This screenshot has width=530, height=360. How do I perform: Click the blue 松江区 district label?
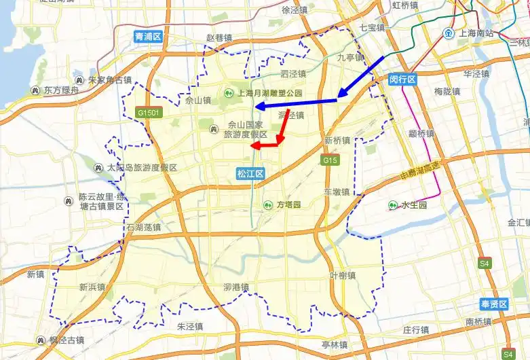pyautogui.click(x=250, y=174)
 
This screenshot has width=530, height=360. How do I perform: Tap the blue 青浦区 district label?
pyautogui.click(x=148, y=36)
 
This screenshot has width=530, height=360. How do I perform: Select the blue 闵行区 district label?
pyautogui.click(x=402, y=79)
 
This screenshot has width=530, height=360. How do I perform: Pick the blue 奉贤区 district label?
pyautogui.click(x=494, y=304)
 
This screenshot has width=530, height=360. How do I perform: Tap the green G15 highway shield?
pyautogui.click(x=330, y=160)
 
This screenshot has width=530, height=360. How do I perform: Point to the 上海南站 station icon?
pyautogui.click(x=449, y=33)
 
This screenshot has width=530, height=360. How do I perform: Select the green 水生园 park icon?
pyautogui.click(x=392, y=204)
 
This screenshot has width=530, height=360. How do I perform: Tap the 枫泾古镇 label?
pyautogui.click(x=67, y=340)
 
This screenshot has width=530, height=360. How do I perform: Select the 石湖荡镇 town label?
pyautogui.click(x=144, y=228)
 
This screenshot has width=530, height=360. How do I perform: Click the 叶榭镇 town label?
pyautogui.click(x=343, y=275)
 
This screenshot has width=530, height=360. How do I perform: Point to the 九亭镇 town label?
pyautogui.click(x=351, y=58)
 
